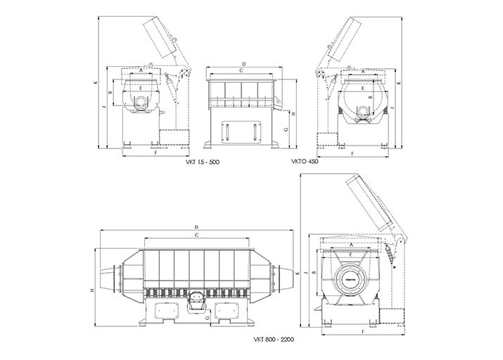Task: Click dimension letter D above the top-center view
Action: [x=242, y=63]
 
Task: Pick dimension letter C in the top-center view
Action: [x=241, y=71]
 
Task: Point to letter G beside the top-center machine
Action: [x=287, y=130]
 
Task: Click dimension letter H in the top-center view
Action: [x=292, y=113]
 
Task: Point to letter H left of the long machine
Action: [x=92, y=289]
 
